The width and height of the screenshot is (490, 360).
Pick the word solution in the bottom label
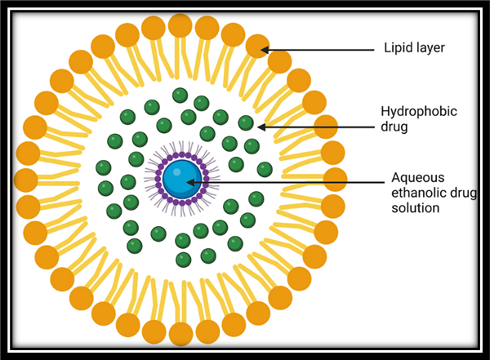(415, 208)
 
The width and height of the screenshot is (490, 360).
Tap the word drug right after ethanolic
(465, 193)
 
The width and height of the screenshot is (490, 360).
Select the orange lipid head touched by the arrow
(256, 46)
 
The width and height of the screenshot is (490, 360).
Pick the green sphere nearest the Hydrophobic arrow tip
(246, 123)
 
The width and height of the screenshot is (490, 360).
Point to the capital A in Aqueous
(396, 177)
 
